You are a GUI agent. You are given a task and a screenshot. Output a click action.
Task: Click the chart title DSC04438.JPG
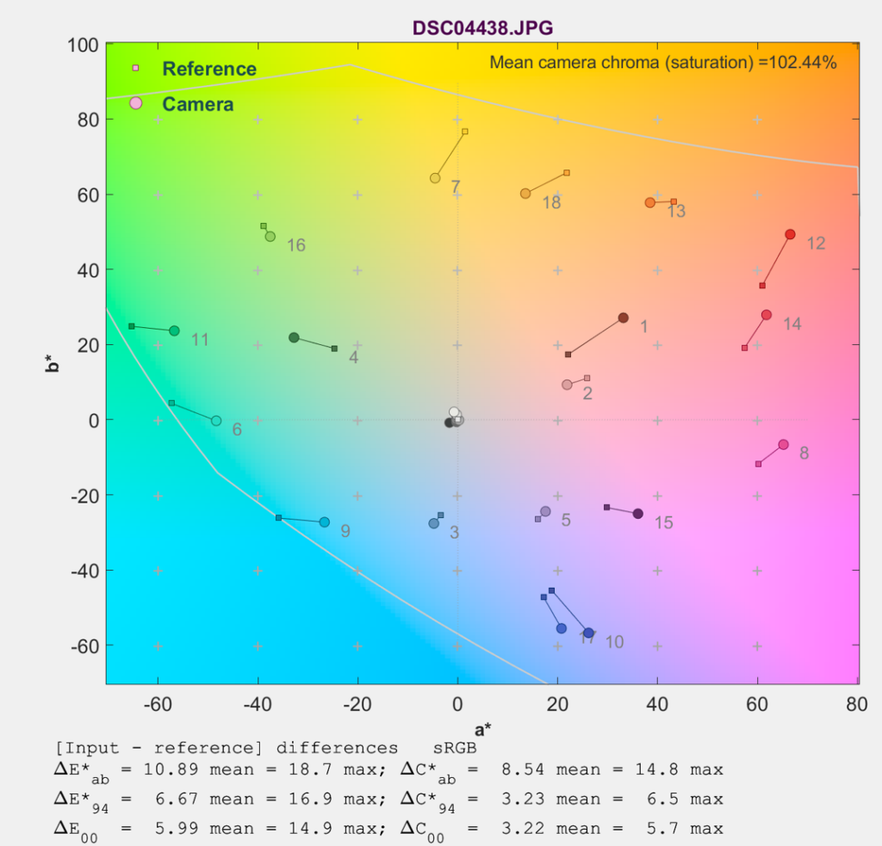pyautogui.click(x=482, y=28)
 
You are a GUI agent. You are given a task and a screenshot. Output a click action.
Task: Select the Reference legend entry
pyautogui.click(x=209, y=69)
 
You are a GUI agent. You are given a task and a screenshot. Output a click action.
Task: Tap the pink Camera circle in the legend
pyautogui.click(x=135, y=103)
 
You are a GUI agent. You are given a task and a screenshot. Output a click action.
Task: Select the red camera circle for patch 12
pyautogui.click(x=790, y=234)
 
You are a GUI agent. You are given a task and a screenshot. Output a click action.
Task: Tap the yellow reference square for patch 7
pyautogui.click(x=465, y=131)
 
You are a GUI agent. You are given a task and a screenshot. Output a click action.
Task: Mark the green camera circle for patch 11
pyautogui.click(x=174, y=330)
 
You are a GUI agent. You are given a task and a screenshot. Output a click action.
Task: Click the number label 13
pyautogui.click(x=676, y=212)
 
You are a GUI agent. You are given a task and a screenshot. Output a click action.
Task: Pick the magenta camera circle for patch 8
pyautogui.click(x=783, y=444)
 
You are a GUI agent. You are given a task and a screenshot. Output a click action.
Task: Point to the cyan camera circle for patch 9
pyautogui.click(x=324, y=522)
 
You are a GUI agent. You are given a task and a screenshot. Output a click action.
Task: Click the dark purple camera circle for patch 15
pyautogui.click(x=638, y=514)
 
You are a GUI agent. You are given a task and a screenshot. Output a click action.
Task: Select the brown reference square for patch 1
pyautogui.click(x=568, y=355)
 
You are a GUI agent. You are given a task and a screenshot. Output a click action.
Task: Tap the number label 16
pyautogui.click(x=295, y=246)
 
